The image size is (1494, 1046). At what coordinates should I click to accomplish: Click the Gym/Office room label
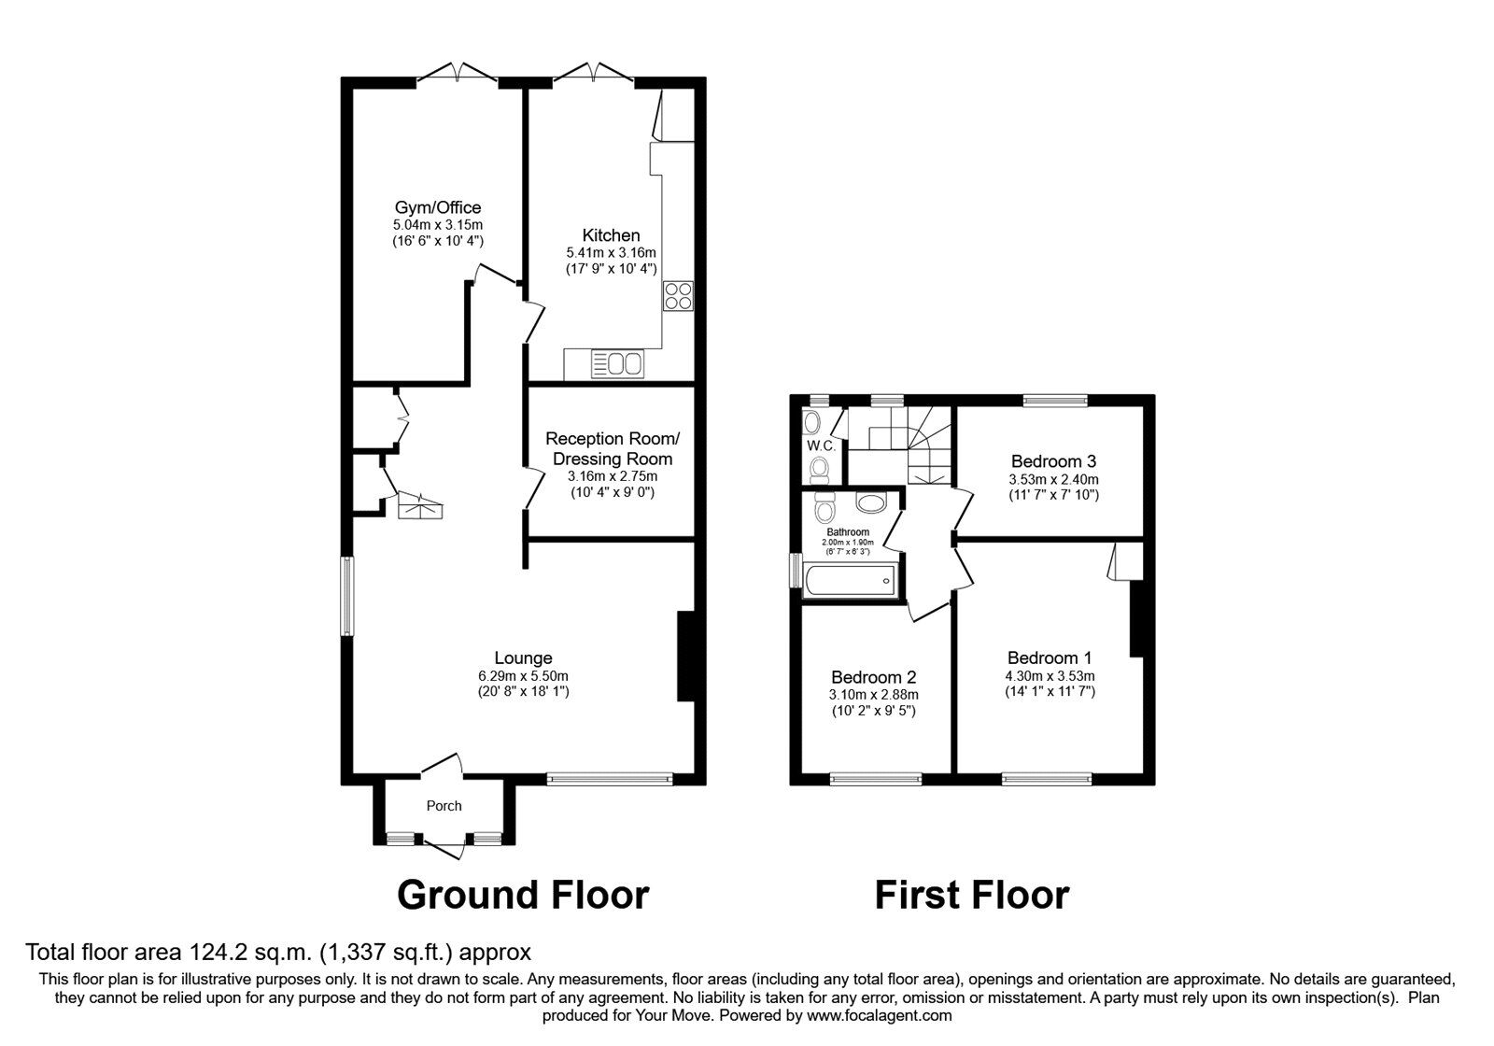pos(437,207)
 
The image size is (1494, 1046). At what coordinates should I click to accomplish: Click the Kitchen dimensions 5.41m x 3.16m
pos(611,253)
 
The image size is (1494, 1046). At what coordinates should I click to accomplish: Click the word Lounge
pos(523,658)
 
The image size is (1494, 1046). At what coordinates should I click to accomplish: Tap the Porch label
pos(444,806)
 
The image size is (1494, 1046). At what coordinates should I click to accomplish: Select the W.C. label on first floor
pos(821,445)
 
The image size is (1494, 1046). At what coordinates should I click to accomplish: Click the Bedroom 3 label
pos(1053,461)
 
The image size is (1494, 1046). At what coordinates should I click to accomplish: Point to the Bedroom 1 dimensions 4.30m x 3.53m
pos(1050,676)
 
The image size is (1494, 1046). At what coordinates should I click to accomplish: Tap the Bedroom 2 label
pos(873,677)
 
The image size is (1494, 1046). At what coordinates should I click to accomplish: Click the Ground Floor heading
pos(523,895)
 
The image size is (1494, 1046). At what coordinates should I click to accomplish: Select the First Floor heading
pos(971,895)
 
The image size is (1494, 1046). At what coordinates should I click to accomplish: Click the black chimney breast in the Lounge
pos(686,656)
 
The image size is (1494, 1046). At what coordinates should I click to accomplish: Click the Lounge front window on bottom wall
pos(609,777)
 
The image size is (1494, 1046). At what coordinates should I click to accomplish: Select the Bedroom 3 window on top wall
pos(1055,401)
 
